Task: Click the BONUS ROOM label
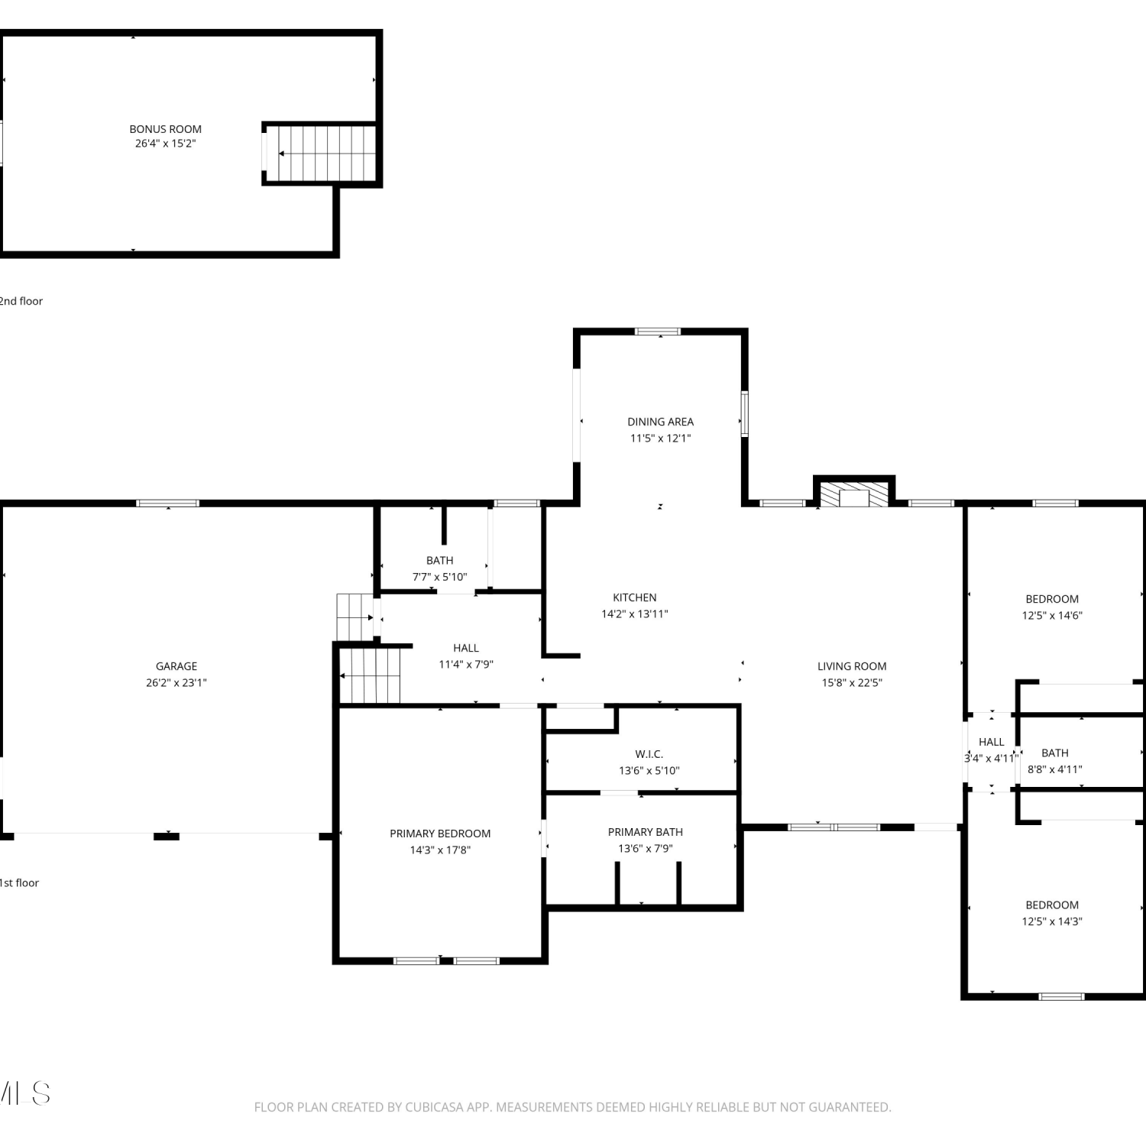click(x=165, y=129)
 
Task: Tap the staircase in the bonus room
click(x=322, y=154)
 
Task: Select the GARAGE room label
click(x=176, y=666)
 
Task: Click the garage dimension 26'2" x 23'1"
click(x=176, y=683)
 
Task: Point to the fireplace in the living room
click(x=854, y=494)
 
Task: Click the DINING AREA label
click(x=661, y=422)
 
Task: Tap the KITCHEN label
click(x=635, y=597)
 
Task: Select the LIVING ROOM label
click(x=852, y=666)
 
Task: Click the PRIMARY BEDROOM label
click(x=440, y=834)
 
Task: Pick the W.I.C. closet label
click(x=649, y=754)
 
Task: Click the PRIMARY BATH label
click(x=646, y=832)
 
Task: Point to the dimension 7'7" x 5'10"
click(x=440, y=577)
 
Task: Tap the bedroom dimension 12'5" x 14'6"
click(x=1052, y=616)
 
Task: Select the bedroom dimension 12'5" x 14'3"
click(x=1052, y=921)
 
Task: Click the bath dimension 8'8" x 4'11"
click(x=1055, y=769)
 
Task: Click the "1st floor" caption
click(x=19, y=882)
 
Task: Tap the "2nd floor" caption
click(x=21, y=301)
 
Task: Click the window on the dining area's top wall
click(x=658, y=332)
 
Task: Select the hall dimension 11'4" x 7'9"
click(x=466, y=665)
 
